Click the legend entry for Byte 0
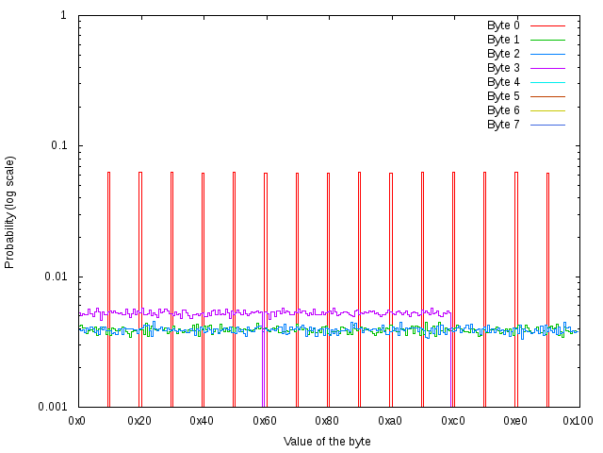point(503,25)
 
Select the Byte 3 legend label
point(503,68)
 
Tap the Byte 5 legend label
point(503,96)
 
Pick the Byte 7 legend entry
point(503,125)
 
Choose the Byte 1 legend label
point(503,40)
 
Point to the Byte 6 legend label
point(503,110)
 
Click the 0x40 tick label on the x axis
point(203,420)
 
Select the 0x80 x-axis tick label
point(327,420)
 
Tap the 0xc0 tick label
point(452,420)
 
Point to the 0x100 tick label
point(579,420)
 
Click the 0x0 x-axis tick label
point(78,420)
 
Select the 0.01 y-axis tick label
point(53,277)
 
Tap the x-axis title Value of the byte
point(327,441)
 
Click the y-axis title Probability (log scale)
point(10,211)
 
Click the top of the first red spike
point(109,173)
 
